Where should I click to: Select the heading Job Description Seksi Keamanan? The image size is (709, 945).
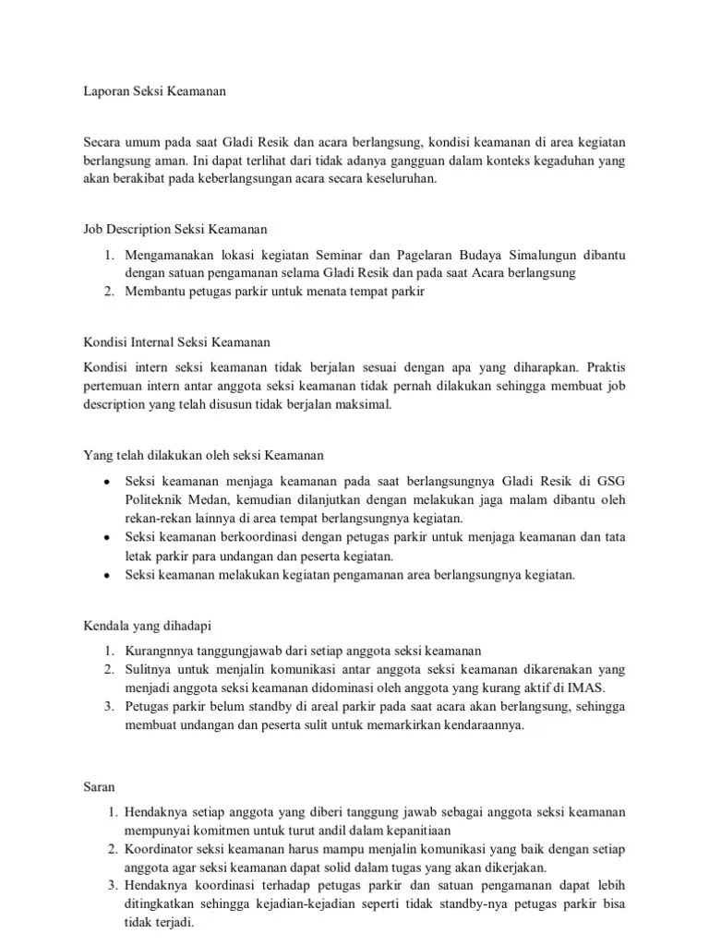[175, 229]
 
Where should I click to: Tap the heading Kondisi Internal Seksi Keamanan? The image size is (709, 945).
[177, 342]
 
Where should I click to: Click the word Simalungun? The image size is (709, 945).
[551, 255]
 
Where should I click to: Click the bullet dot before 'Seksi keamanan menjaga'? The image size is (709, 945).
[108, 482]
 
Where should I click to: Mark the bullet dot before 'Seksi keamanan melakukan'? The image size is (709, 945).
[108, 575]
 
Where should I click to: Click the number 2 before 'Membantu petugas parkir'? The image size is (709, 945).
[107, 292]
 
